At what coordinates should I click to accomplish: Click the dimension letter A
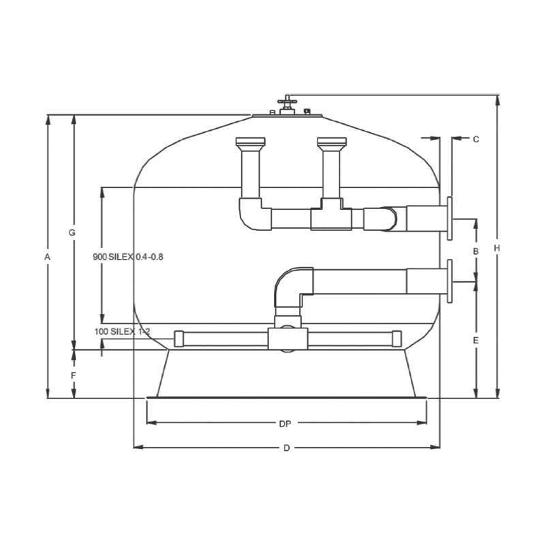click(x=47, y=257)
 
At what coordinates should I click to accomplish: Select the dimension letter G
click(x=72, y=232)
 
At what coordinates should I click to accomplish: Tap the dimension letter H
click(x=497, y=248)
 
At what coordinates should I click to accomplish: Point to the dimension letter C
click(x=476, y=140)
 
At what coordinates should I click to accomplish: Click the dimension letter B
click(x=476, y=251)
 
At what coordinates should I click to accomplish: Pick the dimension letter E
click(x=476, y=340)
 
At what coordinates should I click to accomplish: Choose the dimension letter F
click(x=74, y=375)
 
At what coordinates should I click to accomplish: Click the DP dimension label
click(x=285, y=424)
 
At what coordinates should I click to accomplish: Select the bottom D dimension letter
click(x=286, y=448)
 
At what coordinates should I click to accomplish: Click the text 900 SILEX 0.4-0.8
click(x=128, y=257)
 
